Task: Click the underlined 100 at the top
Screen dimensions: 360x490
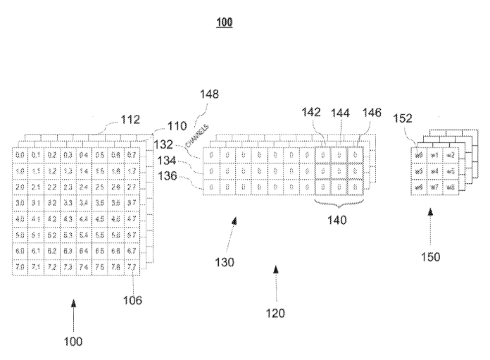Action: [x=225, y=23]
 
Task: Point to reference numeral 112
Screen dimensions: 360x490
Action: [x=130, y=119]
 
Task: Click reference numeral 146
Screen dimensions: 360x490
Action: [x=372, y=112]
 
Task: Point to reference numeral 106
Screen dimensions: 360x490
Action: [x=133, y=300]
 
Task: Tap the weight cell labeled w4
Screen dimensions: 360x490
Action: [x=434, y=171]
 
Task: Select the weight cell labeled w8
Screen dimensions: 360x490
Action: [x=451, y=187]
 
